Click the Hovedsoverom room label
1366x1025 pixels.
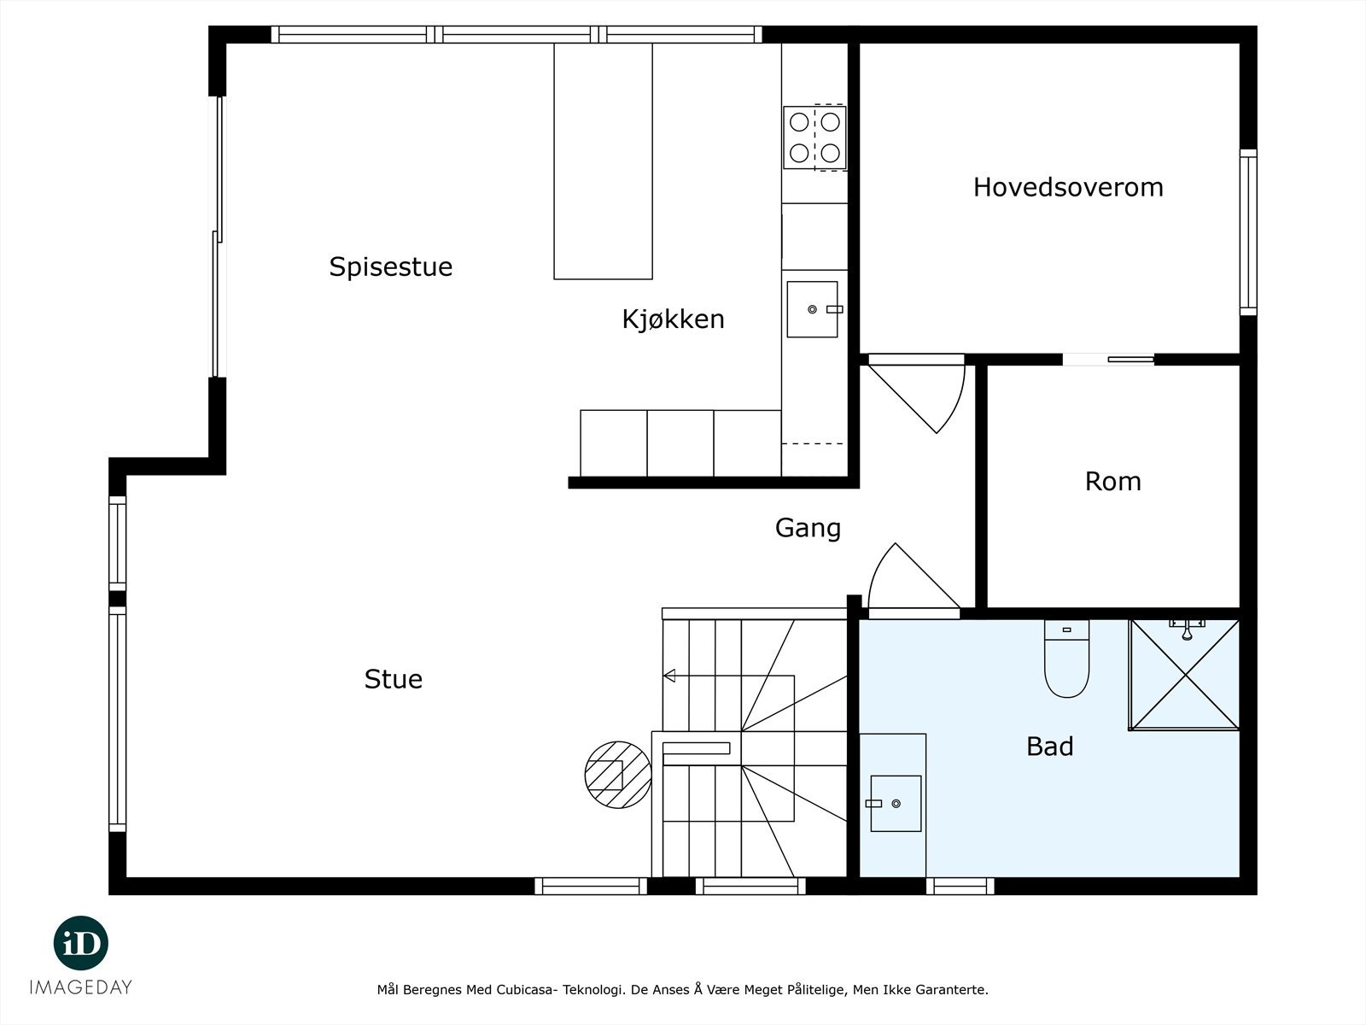[1068, 187]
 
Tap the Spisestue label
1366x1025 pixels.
[390, 267]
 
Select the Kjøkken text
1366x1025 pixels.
[673, 319]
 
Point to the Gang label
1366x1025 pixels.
[808, 529]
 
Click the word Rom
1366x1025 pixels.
[1112, 482]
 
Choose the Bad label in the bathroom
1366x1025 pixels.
[1050, 747]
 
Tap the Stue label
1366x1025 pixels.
[394, 679]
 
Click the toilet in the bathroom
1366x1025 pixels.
[1066, 659]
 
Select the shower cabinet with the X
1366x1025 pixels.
[1184, 675]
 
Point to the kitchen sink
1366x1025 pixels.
[813, 309]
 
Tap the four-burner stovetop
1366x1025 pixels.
[814, 138]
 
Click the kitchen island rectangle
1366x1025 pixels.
[603, 161]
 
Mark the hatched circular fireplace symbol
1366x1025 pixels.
[618, 775]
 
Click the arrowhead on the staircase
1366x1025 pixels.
[669, 676]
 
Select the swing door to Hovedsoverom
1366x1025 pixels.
[917, 393]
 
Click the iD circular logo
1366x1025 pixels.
[81, 944]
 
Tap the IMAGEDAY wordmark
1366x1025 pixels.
[81, 987]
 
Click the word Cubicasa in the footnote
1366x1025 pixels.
[526, 989]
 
